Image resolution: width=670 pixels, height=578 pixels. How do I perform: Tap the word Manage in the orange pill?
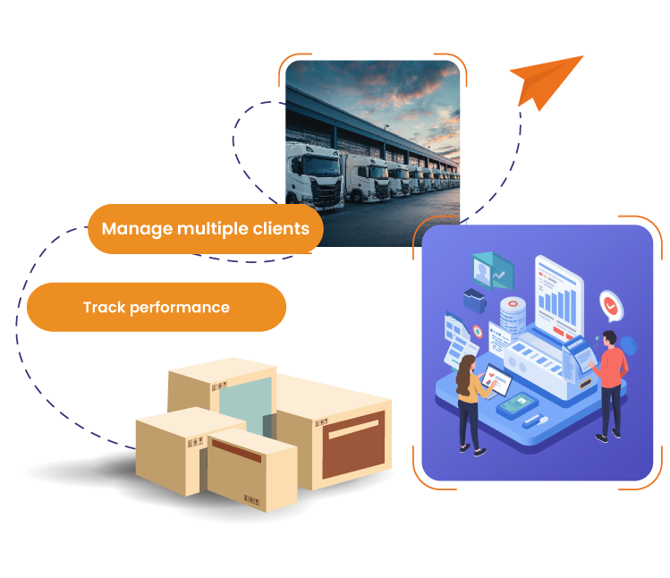click(x=136, y=228)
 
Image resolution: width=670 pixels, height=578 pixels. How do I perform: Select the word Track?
click(x=104, y=307)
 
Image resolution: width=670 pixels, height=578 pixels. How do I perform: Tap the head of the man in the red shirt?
click(x=608, y=338)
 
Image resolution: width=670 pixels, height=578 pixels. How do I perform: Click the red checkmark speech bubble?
click(x=611, y=305)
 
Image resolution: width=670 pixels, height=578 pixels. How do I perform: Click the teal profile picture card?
click(x=488, y=269)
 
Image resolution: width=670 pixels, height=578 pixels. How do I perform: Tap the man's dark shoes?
click(x=608, y=435)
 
